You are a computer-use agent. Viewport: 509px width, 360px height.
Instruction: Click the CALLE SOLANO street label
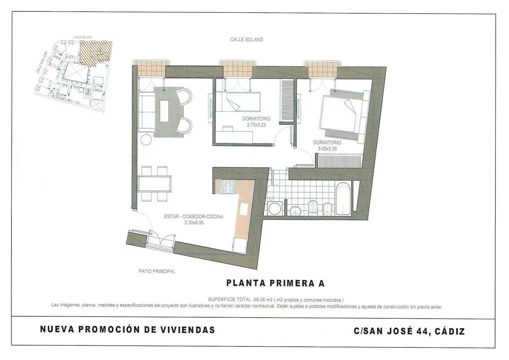point(246,39)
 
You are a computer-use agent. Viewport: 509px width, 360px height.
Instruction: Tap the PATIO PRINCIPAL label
point(157,271)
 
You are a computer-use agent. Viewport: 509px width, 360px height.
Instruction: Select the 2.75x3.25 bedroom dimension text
point(256,125)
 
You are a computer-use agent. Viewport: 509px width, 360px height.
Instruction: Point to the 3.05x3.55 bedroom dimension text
point(327,149)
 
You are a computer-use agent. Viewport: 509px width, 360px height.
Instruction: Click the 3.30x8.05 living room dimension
point(194,223)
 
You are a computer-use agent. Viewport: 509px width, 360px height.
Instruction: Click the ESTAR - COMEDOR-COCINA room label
point(194,216)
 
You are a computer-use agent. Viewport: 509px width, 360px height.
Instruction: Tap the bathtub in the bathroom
point(343,199)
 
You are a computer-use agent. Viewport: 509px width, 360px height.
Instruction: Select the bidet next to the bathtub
point(327,209)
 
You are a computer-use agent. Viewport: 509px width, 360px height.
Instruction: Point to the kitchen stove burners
point(229,187)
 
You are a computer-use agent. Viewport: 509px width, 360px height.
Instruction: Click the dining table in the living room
point(155,184)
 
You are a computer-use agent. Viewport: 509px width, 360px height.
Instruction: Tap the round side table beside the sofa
point(146,139)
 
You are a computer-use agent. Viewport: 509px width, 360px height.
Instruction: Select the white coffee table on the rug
point(164,111)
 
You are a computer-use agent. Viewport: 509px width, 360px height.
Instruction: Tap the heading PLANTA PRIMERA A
point(275,283)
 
